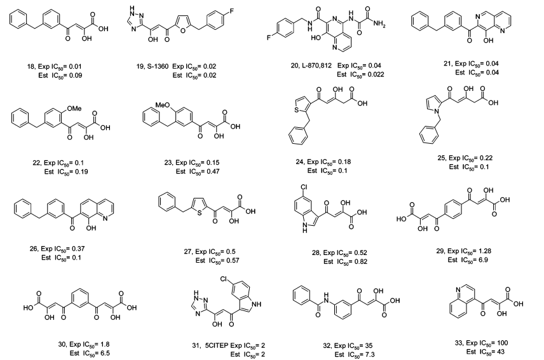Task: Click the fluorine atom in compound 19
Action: (231, 10)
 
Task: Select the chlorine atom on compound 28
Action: (304, 187)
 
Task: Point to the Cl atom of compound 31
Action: (224, 279)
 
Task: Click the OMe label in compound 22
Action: (74, 108)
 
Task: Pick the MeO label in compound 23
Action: (162, 104)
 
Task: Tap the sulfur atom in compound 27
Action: (199, 212)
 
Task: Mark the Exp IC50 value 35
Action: (369, 345)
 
